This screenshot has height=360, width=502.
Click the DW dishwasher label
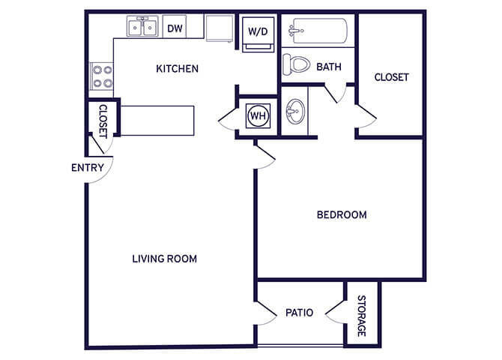pos(175,28)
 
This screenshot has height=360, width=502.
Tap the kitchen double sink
pos(142,26)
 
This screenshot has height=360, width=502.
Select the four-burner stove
pos(102,76)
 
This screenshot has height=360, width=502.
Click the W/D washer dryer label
pos(258,31)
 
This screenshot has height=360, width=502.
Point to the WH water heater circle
pos(258,115)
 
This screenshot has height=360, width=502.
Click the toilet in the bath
pos(297,64)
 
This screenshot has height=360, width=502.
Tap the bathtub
pos(318,31)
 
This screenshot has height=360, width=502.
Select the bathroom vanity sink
pos(295,111)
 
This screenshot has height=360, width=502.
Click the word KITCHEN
pos(177,68)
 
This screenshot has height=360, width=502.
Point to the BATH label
pos(329,67)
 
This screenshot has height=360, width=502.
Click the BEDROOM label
pos(342,214)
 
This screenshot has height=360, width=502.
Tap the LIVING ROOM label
pos(165,259)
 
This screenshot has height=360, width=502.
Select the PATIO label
pos(300,313)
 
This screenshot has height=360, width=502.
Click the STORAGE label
pos(361,316)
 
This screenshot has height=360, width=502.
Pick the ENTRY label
pos(88,168)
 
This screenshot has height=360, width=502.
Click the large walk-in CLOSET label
pos(391,77)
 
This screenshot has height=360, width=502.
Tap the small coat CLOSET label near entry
pos(103,121)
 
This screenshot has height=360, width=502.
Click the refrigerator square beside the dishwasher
pos(220,28)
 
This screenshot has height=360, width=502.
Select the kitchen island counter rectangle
pos(157,121)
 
